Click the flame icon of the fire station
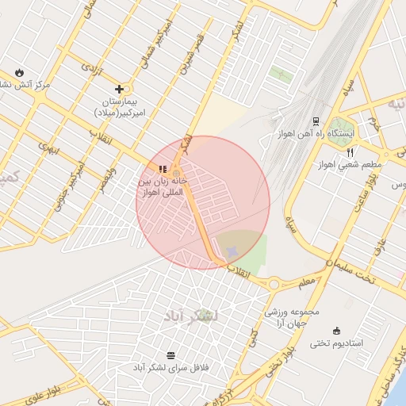tap(19, 71)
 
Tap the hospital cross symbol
tap(119, 90)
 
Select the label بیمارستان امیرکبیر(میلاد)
tap(118, 108)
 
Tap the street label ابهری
tap(48, 150)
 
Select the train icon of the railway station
tap(316, 121)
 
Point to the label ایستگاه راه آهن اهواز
tap(316, 133)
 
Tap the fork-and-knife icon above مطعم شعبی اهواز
tap(350, 152)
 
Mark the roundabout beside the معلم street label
tap(274, 283)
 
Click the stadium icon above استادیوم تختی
tap(337, 331)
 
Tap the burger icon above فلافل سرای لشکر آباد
tap(171, 355)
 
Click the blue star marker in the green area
tap(232, 252)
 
